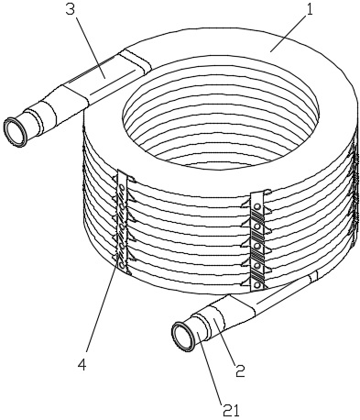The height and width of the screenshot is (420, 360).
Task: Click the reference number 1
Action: point(310,10)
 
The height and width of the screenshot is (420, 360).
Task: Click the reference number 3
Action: point(70,9)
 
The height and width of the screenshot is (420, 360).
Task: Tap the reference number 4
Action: point(82,364)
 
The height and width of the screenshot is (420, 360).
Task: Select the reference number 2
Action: point(240,370)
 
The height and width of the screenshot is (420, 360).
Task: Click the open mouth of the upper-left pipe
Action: point(15,132)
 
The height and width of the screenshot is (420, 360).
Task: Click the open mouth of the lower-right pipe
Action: point(182,337)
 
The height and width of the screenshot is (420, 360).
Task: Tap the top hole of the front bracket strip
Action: point(257,207)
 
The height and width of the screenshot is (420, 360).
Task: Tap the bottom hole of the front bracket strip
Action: point(256,285)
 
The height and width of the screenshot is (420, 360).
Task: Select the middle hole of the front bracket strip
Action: point(257,246)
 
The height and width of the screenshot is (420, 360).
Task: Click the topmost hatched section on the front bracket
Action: point(257,216)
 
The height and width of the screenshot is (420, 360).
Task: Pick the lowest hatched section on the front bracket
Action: point(256,275)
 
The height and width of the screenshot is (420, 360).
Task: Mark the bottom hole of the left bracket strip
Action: point(122,267)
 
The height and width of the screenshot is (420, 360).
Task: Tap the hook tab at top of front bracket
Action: point(267,193)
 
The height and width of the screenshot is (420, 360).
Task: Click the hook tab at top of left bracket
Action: point(132,178)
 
